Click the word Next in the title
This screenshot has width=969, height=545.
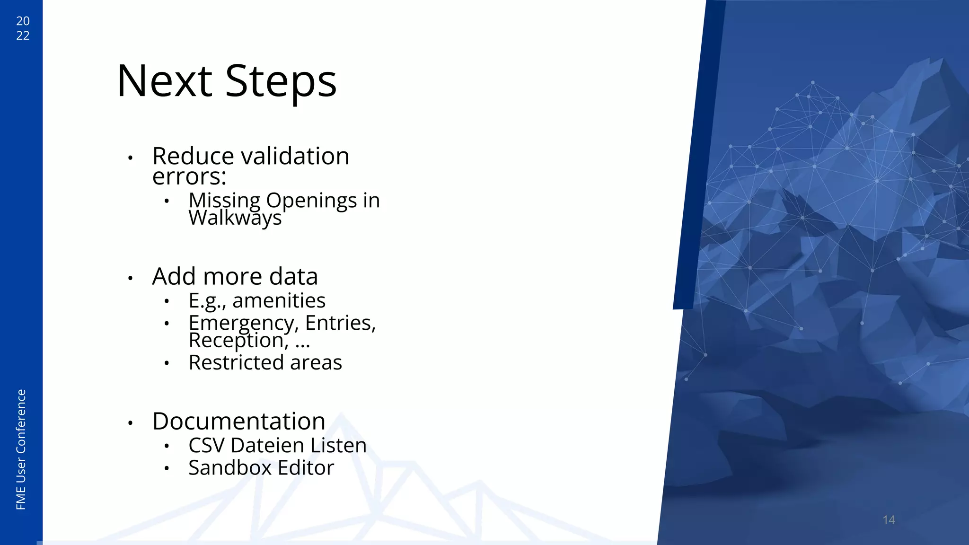(164, 81)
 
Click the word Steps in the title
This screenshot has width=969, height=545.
(281, 81)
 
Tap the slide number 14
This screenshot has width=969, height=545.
(889, 520)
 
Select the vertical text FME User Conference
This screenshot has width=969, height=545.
(21, 449)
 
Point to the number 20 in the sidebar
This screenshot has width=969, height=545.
(23, 21)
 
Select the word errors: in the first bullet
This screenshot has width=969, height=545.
(189, 176)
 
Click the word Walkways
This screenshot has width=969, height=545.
(235, 218)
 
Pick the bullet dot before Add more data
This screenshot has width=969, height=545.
(130, 278)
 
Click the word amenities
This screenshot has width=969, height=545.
(279, 300)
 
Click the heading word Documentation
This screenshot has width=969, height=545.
(238, 421)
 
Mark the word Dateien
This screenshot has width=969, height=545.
(267, 445)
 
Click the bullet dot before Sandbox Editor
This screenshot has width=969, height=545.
(167, 468)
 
